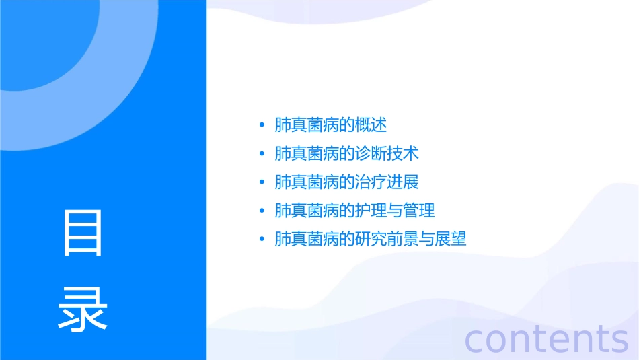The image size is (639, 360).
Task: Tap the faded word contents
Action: (x=547, y=338)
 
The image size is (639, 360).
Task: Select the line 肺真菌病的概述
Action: (x=331, y=125)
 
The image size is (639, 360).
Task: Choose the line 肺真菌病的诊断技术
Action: (x=347, y=153)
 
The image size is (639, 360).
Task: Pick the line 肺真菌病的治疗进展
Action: (x=347, y=182)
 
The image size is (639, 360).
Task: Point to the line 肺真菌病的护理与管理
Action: (x=355, y=211)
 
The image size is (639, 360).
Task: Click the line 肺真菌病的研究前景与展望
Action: (x=371, y=239)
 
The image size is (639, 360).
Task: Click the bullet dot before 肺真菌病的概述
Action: (x=262, y=126)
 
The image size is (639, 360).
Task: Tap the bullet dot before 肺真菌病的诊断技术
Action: (x=262, y=154)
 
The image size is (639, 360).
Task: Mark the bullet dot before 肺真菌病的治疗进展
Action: (x=262, y=182)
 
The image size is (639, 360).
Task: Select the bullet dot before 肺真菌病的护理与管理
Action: (x=262, y=211)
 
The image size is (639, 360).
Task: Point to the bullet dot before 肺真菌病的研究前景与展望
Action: (x=262, y=239)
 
